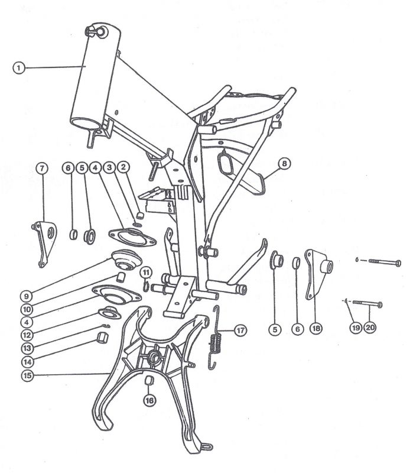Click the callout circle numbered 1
pos(19,67)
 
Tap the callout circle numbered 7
pos(42,168)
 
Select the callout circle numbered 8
pos(284,164)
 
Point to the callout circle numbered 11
pos(146,273)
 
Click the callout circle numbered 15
pos(27,375)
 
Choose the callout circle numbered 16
pos(149,400)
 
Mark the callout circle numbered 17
pos(240,331)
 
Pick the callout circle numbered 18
pos(316,328)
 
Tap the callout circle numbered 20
pos(370,328)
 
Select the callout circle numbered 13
pos(27,348)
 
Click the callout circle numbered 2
pos(123,167)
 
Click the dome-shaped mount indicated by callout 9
pos(126,260)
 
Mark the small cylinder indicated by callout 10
pos(121,277)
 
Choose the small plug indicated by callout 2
pos(139,215)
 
